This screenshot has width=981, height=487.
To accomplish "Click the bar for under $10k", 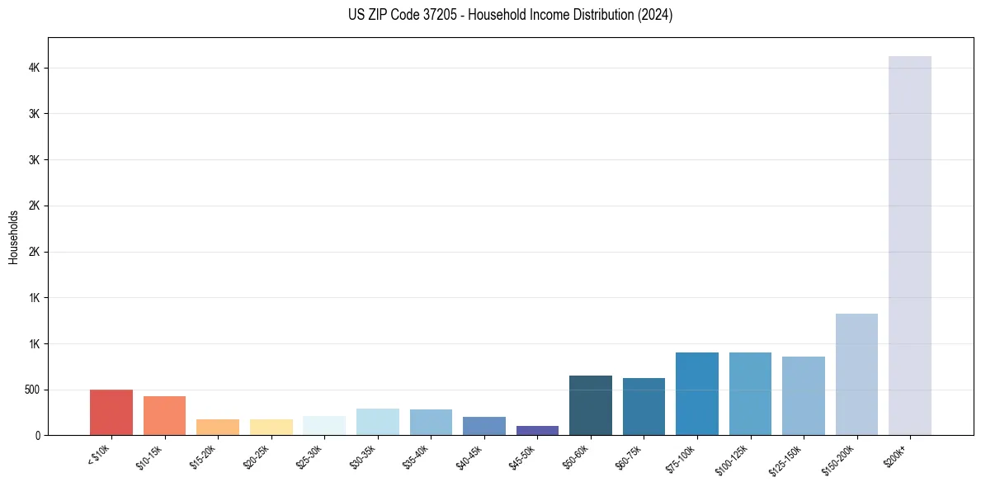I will tap(111, 412).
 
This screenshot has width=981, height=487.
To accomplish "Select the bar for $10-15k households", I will tap(164, 415).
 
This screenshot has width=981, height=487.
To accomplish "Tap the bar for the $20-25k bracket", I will tap(271, 427).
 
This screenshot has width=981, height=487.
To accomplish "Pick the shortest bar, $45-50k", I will tap(537, 430).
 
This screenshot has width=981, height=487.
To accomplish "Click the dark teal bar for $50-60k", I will tap(591, 405).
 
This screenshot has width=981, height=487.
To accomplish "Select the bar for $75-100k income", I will tap(697, 394).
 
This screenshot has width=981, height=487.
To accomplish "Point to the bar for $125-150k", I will tap(804, 395).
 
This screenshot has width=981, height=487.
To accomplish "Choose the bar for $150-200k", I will tap(856, 374).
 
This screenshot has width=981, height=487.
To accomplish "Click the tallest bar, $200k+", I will tap(910, 245).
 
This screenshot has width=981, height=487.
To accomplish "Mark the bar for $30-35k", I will tap(378, 422).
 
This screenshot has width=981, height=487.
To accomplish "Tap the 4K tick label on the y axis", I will tap(34, 68).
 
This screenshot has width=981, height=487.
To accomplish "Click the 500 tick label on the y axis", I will tap(31, 390).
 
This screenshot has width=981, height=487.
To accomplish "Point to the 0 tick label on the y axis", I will tap(37, 435).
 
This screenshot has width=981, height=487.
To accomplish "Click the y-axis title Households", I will tap(13, 237).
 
